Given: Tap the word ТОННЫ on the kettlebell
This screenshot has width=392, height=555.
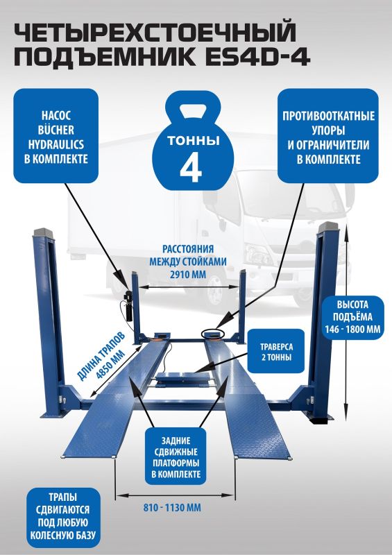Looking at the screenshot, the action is click(x=194, y=141).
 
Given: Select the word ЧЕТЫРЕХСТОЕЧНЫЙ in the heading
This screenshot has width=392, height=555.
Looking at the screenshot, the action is click(x=155, y=32).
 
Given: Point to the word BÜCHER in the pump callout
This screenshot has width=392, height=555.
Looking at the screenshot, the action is click(x=56, y=130).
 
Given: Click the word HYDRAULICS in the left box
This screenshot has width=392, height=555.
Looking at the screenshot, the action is click(x=56, y=144).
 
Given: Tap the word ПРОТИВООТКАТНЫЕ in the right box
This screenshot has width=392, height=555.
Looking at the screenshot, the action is click(x=328, y=116).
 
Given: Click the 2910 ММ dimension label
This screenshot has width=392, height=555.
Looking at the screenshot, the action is click(x=188, y=275).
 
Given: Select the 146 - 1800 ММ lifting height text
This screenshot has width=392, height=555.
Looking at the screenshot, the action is click(x=353, y=330).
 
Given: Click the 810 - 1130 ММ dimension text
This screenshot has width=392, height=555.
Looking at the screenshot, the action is click(x=172, y=508).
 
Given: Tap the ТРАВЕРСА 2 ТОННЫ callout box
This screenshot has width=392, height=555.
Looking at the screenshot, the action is click(x=276, y=351).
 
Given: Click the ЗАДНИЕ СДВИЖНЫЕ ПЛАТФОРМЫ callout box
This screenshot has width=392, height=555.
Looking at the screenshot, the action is click(x=176, y=456).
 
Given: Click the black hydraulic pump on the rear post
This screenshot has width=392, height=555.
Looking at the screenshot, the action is click(x=127, y=306).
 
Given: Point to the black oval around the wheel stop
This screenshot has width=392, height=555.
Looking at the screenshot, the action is click(x=213, y=334).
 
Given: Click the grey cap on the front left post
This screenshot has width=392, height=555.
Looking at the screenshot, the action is click(x=43, y=232).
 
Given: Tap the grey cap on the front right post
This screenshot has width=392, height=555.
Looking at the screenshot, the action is click(x=329, y=227).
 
